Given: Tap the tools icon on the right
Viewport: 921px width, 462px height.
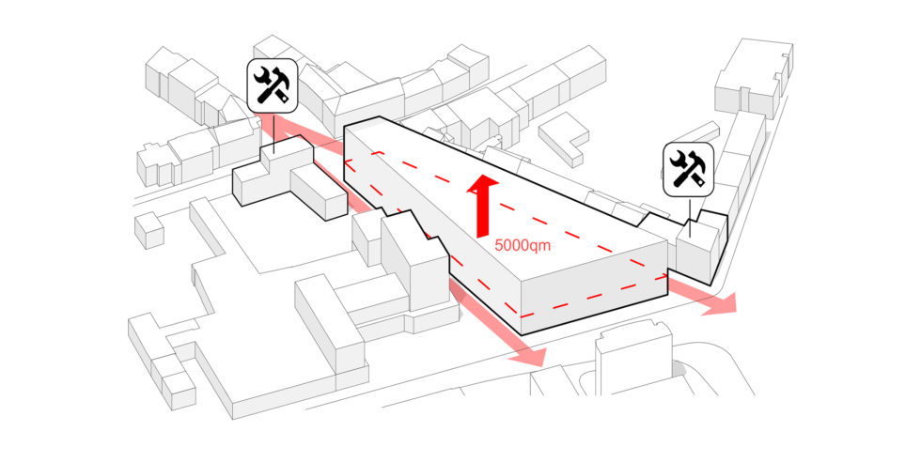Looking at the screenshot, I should coord(689,169).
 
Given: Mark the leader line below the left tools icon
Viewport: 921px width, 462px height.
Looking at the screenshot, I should coord(273,132).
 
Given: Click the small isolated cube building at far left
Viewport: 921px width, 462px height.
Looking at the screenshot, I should coord(148,229).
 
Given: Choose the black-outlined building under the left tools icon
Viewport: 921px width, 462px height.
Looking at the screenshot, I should coord(282,178).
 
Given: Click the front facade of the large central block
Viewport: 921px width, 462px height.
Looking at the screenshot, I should coord(592,285).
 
